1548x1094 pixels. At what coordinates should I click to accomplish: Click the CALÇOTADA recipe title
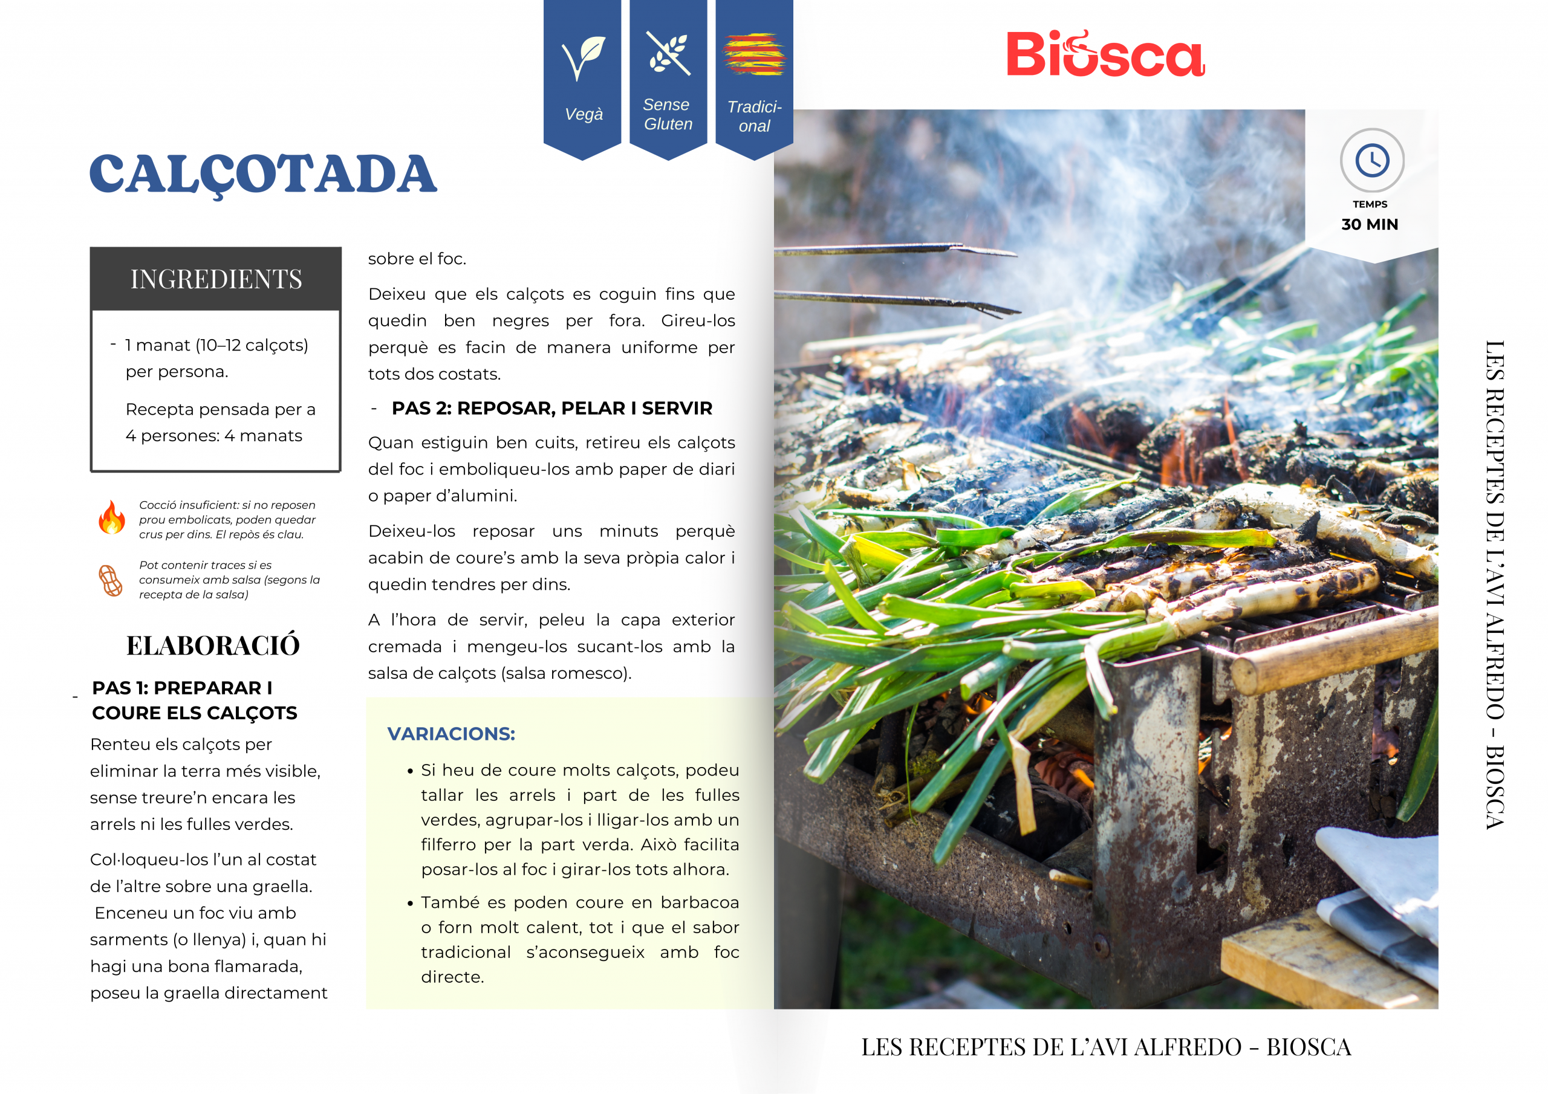coord(263,174)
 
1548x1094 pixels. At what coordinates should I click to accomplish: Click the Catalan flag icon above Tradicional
coord(754,54)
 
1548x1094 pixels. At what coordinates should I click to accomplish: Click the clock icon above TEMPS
coord(1371,160)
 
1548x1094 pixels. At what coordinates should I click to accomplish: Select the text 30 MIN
coord(1370,224)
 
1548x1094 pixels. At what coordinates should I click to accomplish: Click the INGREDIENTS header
coord(216,279)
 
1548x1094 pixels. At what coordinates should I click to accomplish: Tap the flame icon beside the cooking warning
coord(112,517)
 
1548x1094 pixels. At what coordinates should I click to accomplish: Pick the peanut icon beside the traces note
coord(111,580)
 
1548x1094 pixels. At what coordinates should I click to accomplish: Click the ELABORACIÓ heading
coord(213,646)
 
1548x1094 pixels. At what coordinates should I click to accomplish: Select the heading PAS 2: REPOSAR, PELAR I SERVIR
coord(551,409)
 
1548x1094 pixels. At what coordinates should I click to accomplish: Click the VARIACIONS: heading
coord(451,733)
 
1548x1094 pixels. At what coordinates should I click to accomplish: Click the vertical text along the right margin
coord(1495,584)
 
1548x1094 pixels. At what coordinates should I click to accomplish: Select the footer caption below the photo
coord(1106,1047)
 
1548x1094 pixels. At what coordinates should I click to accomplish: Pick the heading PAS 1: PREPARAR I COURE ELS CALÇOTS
coord(194,701)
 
